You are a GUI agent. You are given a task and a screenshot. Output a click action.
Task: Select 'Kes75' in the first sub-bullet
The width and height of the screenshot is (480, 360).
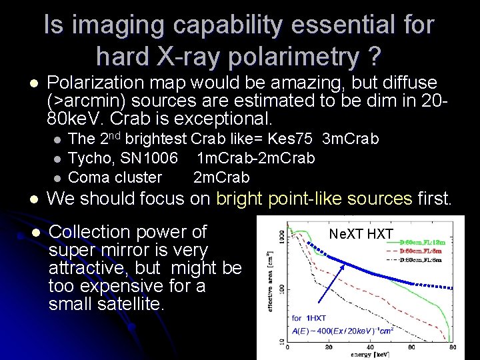[293, 139]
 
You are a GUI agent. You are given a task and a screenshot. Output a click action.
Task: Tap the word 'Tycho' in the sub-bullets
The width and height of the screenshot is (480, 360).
[89, 158]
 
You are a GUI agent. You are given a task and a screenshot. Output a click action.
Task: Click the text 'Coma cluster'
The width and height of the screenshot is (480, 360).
[115, 177]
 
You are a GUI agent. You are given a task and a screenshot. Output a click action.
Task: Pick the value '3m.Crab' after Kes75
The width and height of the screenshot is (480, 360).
[350, 139]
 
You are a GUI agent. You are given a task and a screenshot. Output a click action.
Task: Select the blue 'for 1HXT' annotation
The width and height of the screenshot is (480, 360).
[309, 318]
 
